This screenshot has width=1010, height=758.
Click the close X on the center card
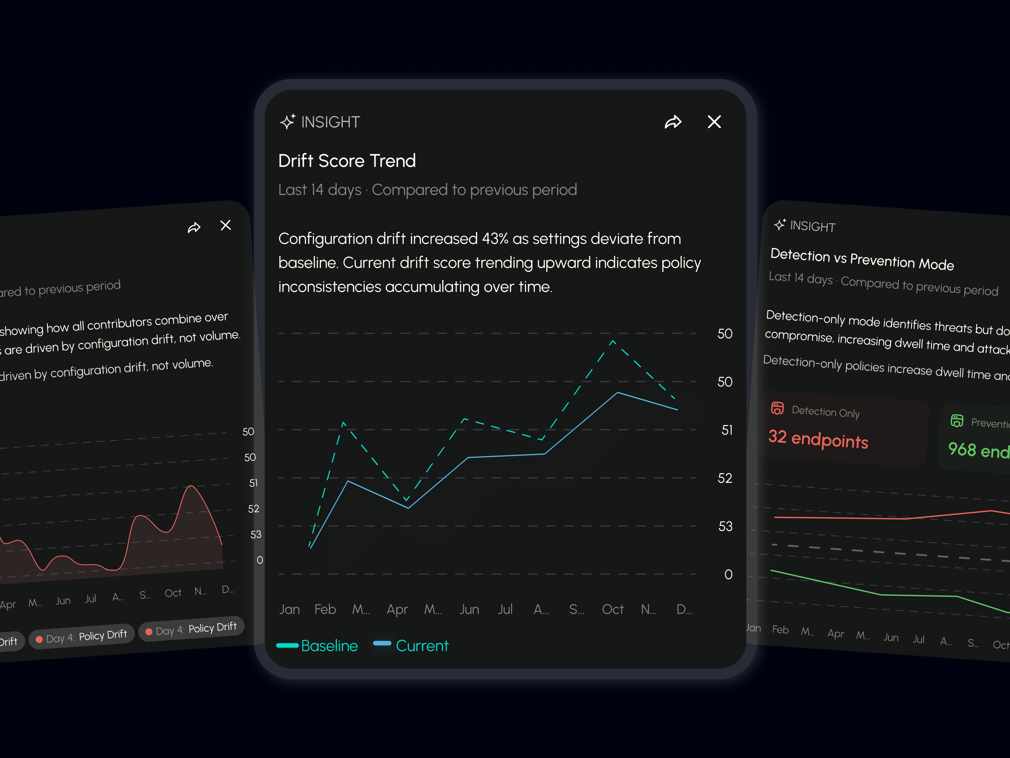714,122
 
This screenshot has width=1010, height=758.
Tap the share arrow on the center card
673,122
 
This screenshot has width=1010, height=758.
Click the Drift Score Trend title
347,161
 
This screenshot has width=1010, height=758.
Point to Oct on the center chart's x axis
612,609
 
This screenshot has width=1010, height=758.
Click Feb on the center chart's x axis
325,609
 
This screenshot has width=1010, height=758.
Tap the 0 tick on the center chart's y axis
728,574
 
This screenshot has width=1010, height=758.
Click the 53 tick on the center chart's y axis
725,526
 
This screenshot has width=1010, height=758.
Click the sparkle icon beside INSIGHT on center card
288,122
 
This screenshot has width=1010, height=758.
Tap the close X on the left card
226,225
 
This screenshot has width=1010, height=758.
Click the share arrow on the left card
194,227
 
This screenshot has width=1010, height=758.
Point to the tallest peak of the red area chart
191,486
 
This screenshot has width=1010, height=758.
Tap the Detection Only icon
777,408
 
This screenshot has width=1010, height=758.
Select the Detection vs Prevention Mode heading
862,259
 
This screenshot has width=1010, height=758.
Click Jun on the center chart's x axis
469,609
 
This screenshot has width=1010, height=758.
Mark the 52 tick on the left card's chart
253,508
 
